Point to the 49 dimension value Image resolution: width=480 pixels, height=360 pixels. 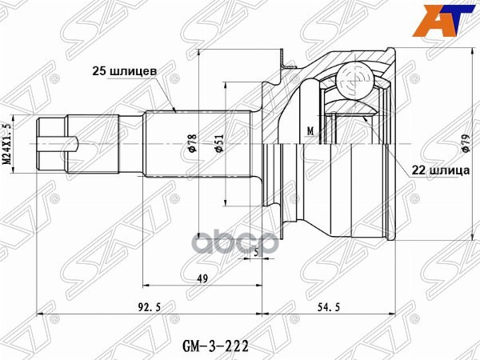point(204,278)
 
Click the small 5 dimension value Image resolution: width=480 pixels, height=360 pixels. point(255,253)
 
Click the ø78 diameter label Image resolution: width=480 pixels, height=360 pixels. point(191,143)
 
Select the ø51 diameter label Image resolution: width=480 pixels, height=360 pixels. point(218,143)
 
